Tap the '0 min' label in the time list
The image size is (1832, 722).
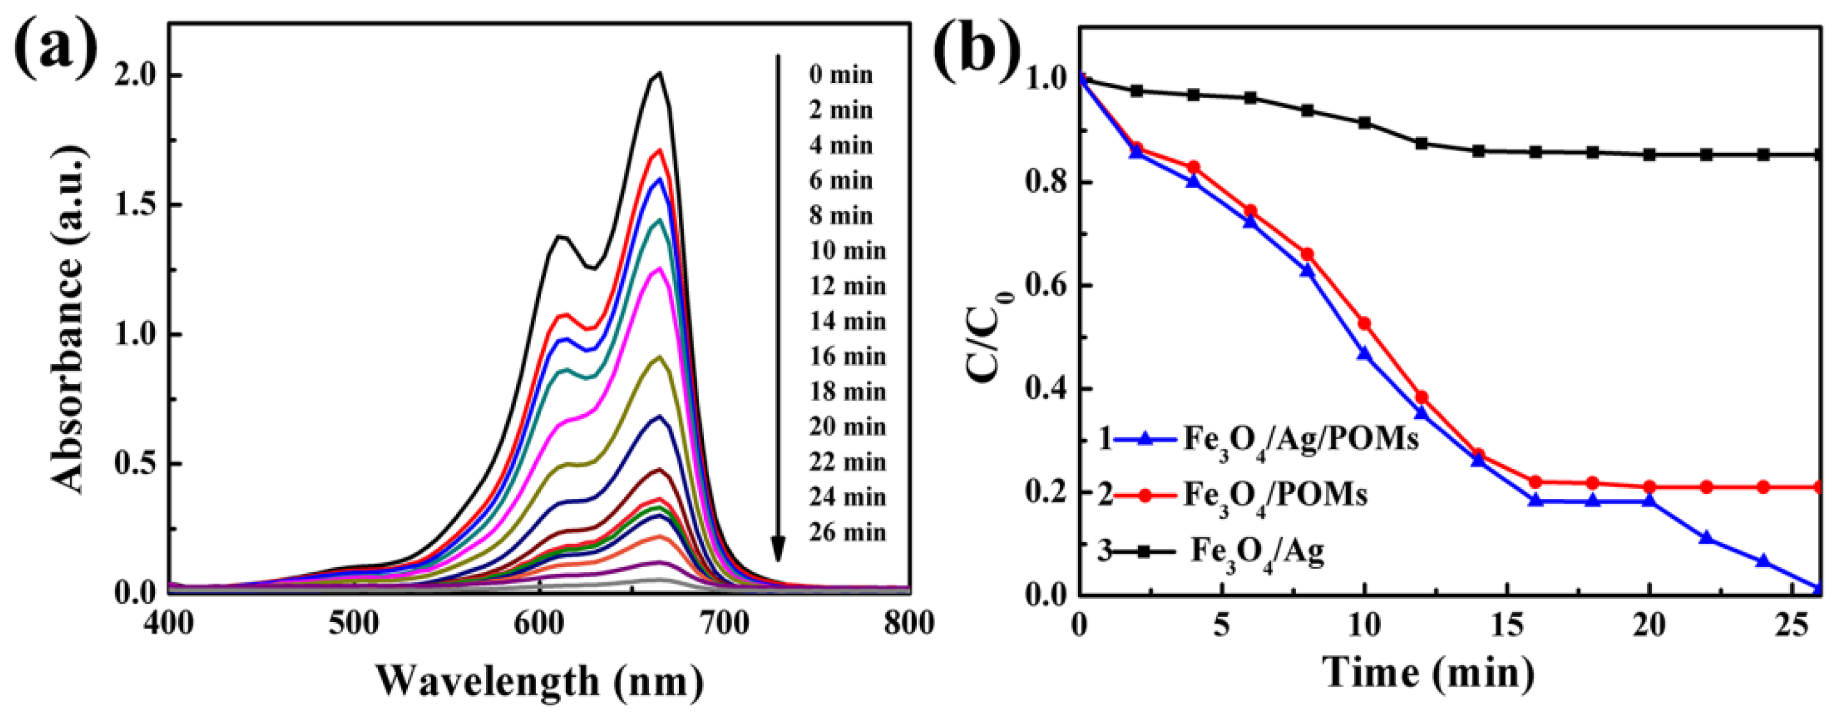(841, 74)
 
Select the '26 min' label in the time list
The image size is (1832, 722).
(847, 532)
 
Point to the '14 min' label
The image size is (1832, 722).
(847, 321)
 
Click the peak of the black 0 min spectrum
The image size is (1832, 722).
(660, 73)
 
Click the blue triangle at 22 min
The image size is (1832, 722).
(1706, 538)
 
